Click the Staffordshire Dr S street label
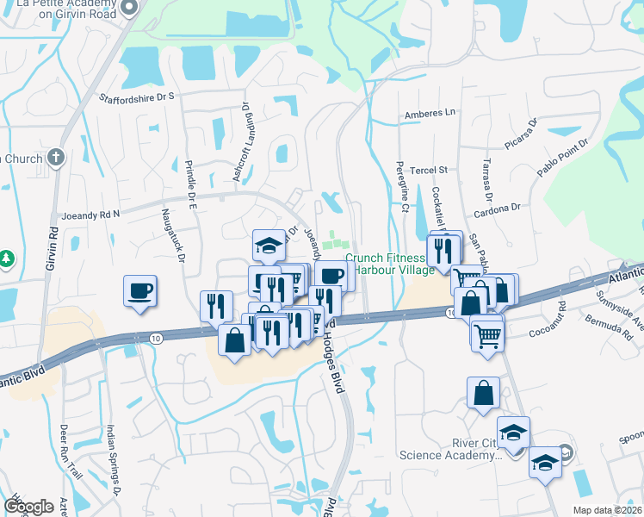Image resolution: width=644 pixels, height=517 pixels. point(137,98)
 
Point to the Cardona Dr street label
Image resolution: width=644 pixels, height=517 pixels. point(498,208)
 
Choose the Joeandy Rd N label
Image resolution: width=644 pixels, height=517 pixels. point(91,213)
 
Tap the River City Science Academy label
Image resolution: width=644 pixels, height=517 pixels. point(449,449)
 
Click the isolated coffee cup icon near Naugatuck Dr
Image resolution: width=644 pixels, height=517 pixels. point(140,290)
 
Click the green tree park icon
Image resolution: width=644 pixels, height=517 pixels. point(7,258)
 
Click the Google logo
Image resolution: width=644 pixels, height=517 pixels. point(28,507)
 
